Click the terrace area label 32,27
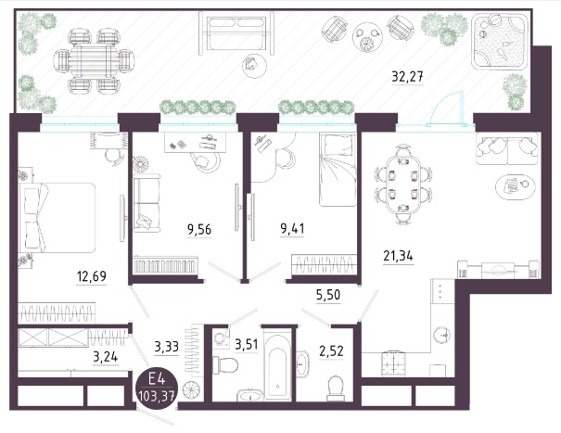coord(407,77)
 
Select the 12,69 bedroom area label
coord(92,276)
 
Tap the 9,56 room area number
coord(199,229)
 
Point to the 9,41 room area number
coord(293,228)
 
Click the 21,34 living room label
coord(398,256)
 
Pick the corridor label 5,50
coord(328,295)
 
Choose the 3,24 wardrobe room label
coord(105,357)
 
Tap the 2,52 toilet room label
coord(331,351)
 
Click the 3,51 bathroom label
coord(246,345)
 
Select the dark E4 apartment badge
coord(157,388)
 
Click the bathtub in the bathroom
coord(277,364)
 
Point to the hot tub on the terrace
coord(500,41)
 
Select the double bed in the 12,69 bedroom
coord(57,218)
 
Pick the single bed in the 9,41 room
coord(338,170)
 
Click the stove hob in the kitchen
coord(393,363)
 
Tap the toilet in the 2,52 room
coord(336,388)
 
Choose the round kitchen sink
coord(442,335)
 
